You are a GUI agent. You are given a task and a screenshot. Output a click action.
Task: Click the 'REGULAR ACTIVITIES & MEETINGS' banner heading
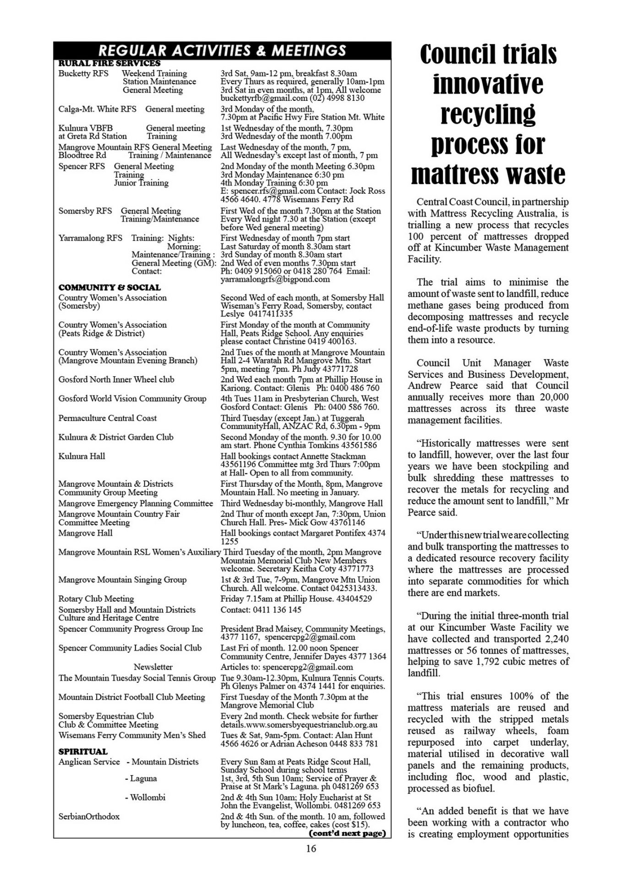pyautogui.click(x=222, y=50)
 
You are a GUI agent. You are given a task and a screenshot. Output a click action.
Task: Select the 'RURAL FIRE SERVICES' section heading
pyautogui.click(x=109, y=63)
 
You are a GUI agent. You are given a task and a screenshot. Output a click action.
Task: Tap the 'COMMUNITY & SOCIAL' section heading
pyautogui.click(x=109, y=287)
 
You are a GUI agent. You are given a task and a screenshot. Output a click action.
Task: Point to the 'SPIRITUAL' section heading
pyautogui.click(x=83, y=752)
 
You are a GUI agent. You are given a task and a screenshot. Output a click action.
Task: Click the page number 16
pyautogui.click(x=311, y=848)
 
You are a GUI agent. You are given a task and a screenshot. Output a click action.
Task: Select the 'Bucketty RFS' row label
pyautogui.click(x=83, y=73)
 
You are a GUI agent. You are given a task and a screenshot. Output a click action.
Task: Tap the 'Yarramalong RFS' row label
pyautogui.click(x=90, y=238)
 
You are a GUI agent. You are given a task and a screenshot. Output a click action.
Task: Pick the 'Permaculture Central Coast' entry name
pyautogui.click(x=107, y=418)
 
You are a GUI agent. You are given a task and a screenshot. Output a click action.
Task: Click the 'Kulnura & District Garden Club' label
pyautogui.click(x=115, y=437)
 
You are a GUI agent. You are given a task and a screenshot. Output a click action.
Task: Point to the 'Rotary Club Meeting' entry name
pyautogui.click(x=96, y=599)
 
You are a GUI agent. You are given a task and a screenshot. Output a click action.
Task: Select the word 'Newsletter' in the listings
pyautogui.click(x=153, y=667)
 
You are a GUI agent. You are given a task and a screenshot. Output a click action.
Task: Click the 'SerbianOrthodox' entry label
pyautogui.click(x=89, y=816)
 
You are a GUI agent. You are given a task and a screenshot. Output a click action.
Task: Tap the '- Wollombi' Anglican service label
pyautogui.click(x=145, y=797)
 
